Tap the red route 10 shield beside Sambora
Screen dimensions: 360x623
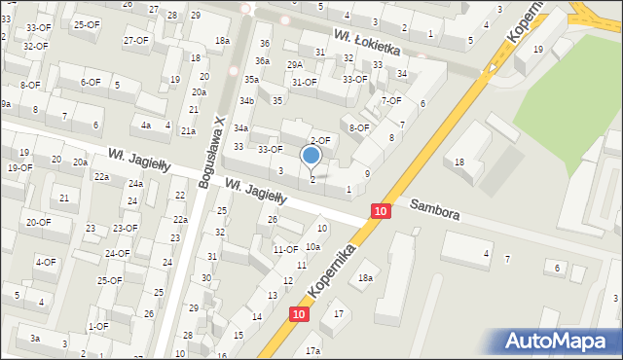(381, 211)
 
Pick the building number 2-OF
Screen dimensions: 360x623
(320, 141)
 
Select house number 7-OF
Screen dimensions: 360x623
(391, 100)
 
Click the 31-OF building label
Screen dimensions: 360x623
(305, 83)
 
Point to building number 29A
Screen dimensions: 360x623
(294, 64)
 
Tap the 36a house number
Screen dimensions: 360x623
(263, 61)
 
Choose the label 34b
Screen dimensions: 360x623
(247, 100)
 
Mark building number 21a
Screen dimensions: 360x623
(188, 130)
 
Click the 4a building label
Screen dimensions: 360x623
(146, 125)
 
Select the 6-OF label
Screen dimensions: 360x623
(91, 82)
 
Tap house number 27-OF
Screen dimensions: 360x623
(136, 40)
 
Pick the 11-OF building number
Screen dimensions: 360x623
(285, 250)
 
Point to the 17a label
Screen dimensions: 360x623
(312, 350)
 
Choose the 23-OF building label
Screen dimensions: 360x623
(125, 228)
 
